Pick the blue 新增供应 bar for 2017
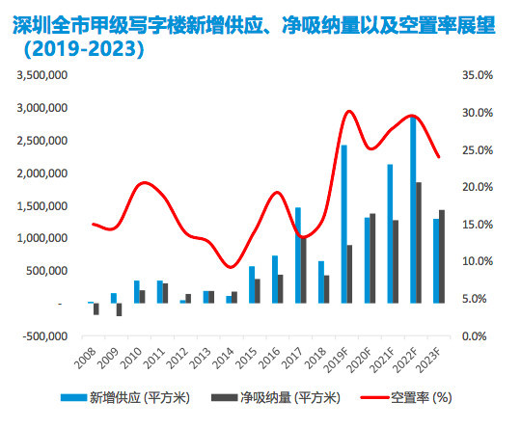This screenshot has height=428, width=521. pos(297,254)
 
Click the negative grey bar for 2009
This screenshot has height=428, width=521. pos(120,309)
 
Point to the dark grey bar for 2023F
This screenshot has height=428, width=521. pos(443,256)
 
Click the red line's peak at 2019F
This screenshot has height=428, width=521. pos(348,112)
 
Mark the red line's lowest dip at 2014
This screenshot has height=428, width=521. pos(229,266)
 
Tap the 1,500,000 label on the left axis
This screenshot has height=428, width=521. pos(39,206)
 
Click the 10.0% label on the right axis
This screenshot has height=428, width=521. pos(480,261)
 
